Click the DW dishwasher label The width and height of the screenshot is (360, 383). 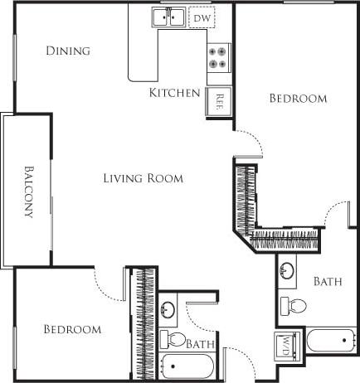[x=200, y=16]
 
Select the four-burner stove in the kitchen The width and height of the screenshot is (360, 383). [x=218, y=57]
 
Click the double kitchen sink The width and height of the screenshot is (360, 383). [x=168, y=16]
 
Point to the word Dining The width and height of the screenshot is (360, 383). [x=68, y=51]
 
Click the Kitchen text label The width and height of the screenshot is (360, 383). [x=174, y=92]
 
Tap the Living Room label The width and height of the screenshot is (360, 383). [x=143, y=177]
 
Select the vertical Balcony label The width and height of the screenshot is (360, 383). [x=27, y=190]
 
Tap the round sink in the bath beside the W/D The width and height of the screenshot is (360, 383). [x=288, y=270]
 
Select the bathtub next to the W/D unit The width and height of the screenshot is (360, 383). [x=332, y=340]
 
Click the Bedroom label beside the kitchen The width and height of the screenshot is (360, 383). [x=299, y=98]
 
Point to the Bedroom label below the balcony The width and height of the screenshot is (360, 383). [x=72, y=329]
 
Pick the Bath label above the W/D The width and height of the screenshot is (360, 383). [x=328, y=282]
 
